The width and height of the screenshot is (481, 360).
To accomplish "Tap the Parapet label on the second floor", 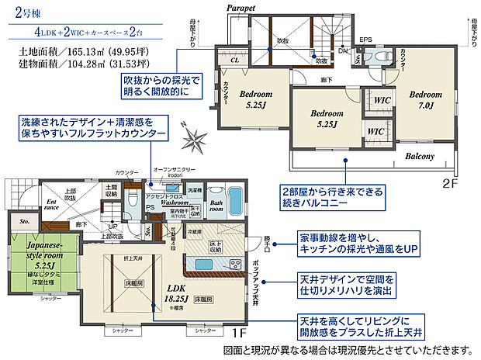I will [x=240, y=7].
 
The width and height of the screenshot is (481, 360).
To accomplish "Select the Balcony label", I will [x=419, y=156].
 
